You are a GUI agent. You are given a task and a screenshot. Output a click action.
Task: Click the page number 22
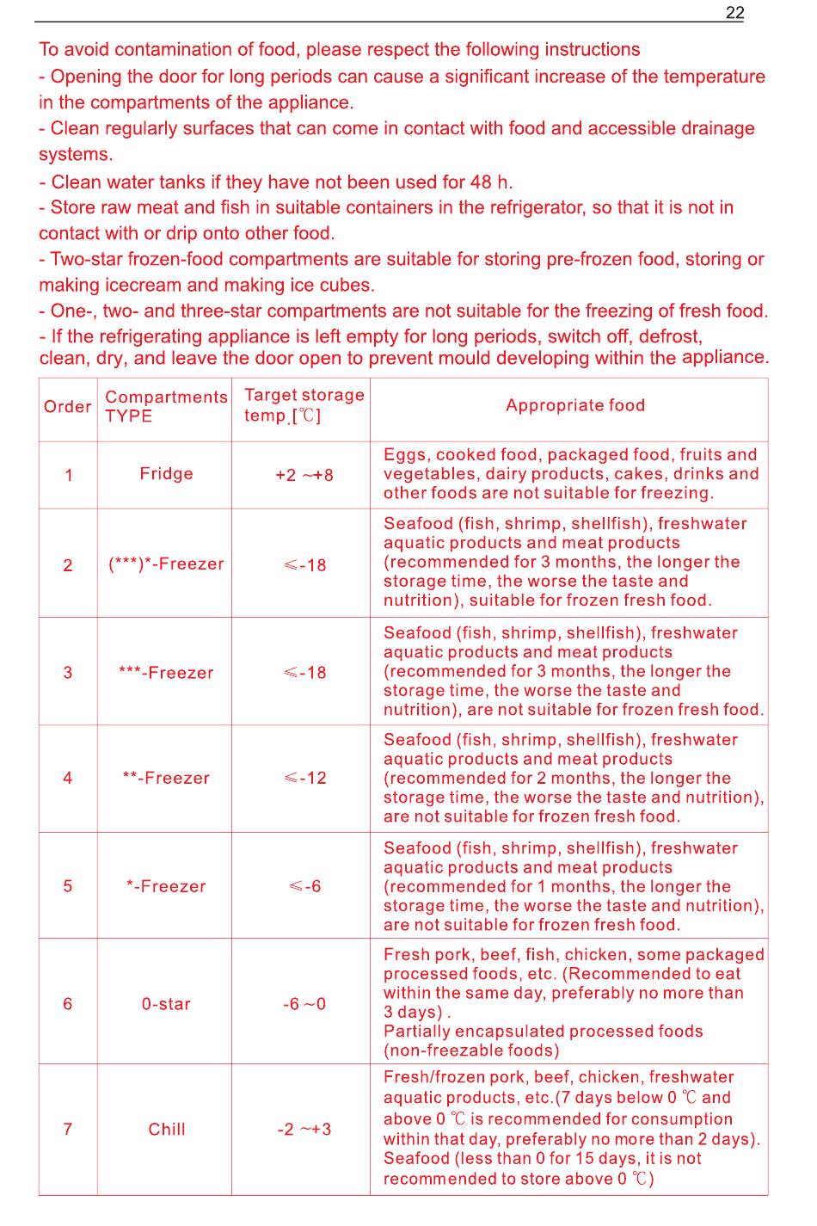[x=734, y=12]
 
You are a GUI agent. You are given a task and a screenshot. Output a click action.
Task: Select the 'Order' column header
[x=67, y=406]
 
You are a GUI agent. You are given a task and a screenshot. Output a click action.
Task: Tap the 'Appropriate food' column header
[x=575, y=405]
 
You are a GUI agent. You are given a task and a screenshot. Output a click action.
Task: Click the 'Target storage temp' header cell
[x=304, y=405]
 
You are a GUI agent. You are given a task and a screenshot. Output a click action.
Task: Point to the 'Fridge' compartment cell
[x=166, y=473]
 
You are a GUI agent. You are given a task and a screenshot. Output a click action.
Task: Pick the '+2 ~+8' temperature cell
[x=304, y=475]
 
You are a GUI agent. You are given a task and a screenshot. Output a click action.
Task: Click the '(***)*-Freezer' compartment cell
[x=166, y=564]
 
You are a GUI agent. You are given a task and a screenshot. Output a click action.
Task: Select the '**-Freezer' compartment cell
[x=166, y=778]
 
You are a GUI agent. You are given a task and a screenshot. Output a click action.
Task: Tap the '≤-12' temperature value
[x=305, y=778]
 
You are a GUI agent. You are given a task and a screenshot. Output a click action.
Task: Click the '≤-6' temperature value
[x=305, y=886]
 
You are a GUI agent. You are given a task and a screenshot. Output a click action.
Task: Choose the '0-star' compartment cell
[x=166, y=1004]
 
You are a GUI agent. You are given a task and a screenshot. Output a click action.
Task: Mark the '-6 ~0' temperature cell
[x=304, y=1004]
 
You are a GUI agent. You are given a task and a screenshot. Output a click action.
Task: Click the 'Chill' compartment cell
[x=166, y=1129]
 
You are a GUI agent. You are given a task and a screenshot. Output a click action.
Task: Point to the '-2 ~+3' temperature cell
[x=304, y=1129]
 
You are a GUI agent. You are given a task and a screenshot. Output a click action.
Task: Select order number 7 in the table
[x=68, y=1129]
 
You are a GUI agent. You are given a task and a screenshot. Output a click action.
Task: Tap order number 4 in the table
[x=68, y=778]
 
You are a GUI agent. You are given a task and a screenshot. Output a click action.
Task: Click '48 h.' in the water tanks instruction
[x=491, y=182]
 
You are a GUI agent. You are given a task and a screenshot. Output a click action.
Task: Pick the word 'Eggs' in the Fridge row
[x=405, y=454]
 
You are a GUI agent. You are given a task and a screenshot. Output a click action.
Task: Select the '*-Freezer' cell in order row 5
[x=166, y=886]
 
